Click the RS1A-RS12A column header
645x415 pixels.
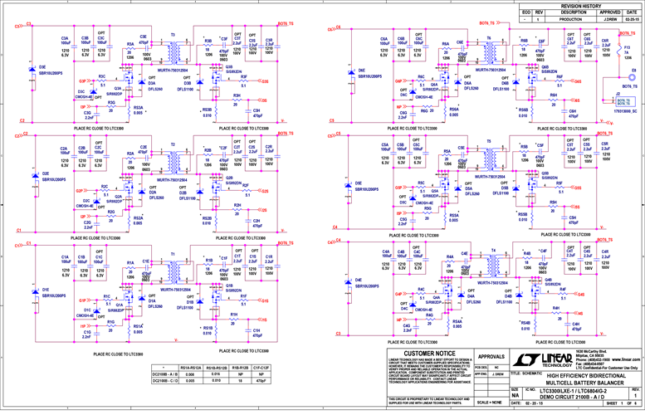coord(191,366)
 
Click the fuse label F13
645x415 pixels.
coord(628,47)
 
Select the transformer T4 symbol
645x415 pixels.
coord(493,266)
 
